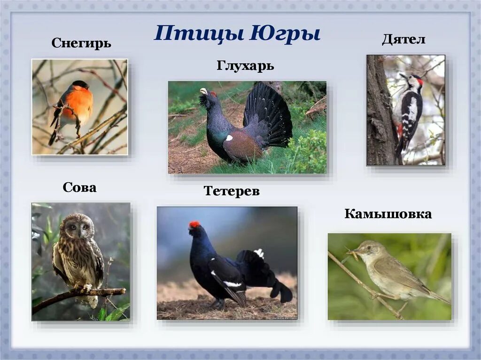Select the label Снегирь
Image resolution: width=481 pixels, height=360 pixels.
click(81, 44)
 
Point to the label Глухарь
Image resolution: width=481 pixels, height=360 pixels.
click(245, 66)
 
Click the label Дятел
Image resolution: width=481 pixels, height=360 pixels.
click(403, 39)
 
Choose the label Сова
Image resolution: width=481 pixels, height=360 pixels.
click(79, 188)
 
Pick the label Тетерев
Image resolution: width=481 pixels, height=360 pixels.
click(232, 191)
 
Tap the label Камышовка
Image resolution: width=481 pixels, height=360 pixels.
click(388, 214)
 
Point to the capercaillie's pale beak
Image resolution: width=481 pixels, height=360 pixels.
click(203, 91)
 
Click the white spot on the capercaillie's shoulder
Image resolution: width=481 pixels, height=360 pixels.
click(229, 138)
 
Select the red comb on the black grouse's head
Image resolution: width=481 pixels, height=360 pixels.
click(194, 225)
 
